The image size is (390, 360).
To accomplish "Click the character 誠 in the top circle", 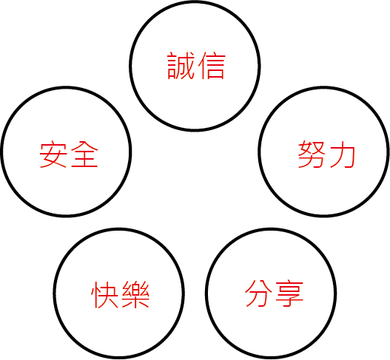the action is click(x=181, y=66).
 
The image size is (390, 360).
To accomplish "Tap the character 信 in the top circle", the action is click(x=212, y=66).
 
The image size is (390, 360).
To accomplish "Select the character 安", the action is click(x=53, y=154).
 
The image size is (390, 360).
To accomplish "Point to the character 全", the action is click(x=84, y=154).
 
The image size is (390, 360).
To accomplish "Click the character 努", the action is click(x=312, y=154).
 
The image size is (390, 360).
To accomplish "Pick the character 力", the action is click(x=343, y=154).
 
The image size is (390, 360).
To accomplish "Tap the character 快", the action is click(x=104, y=294).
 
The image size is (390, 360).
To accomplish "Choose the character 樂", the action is click(x=135, y=294).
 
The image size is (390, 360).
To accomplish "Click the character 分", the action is click(x=258, y=293).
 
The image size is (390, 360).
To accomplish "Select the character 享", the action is click(x=290, y=293).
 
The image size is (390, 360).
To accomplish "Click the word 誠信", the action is click(x=197, y=66).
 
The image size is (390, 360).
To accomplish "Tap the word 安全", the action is click(x=69, y=154).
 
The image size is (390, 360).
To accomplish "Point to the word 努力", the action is click(x=326, y=154).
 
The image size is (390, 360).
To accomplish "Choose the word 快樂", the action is click(x=121, y=294).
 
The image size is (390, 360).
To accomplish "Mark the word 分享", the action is click(x=274, y=293).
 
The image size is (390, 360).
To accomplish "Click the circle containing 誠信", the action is click(x=195, y=1).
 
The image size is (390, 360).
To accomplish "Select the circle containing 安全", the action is click(x=66, y=87).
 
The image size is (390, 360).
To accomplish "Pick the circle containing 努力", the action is click(x=323, y=87).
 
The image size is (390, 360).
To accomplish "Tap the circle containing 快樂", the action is click(x=118, y=229).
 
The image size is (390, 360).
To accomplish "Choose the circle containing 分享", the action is click(x=271, y=229).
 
